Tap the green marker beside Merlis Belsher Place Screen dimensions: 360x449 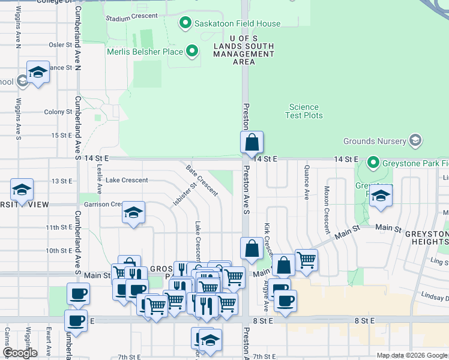tap(192, 52)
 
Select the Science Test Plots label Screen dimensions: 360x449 tap(305, 111)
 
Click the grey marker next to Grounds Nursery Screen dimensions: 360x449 tap(414, 142)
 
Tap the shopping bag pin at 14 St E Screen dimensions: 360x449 tap(252, 143)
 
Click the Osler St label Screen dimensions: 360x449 tap(61, 44)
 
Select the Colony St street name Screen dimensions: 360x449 tap(58, 112)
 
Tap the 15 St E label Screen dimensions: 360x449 tap(62, 135)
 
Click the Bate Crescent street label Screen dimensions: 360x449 tap(202, 181)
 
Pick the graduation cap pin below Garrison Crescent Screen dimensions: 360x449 tap(133, 213)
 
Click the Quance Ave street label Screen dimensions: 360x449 tap(307, 182)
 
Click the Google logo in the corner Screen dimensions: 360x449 tap(20, 353)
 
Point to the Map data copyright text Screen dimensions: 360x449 tap(411, 355)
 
